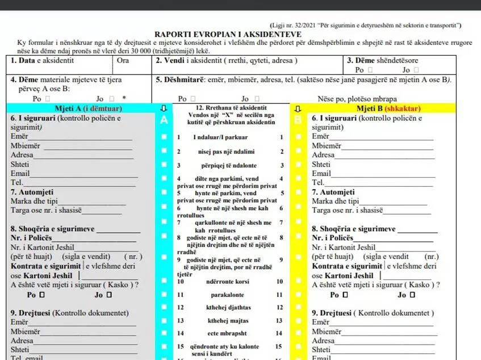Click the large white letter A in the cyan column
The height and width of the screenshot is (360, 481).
pyautogui.click(x=164, y=120)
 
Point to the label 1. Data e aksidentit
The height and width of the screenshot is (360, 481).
pyautogui.click(x=42, y=61)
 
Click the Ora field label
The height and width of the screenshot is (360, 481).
pyautogui.click(x=123, y=61)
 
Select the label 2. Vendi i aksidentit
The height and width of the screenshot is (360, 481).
pyautogui.click(x=227, y=61)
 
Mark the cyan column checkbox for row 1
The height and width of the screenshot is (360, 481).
pyautogui.click(x=164, y=137)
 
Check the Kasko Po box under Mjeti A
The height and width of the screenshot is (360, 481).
pyautogui.click(x=41, y=295)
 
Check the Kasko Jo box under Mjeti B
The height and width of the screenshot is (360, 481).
pyautogui.click(x=412, y=295)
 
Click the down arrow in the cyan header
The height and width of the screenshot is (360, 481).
pyautogui.click(x=164, y=108)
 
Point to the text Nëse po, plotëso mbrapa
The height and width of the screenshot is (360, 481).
pyautogui.click(x=357, y=98)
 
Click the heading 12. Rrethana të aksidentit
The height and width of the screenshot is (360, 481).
pyautogui.click(x=231, y=107)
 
